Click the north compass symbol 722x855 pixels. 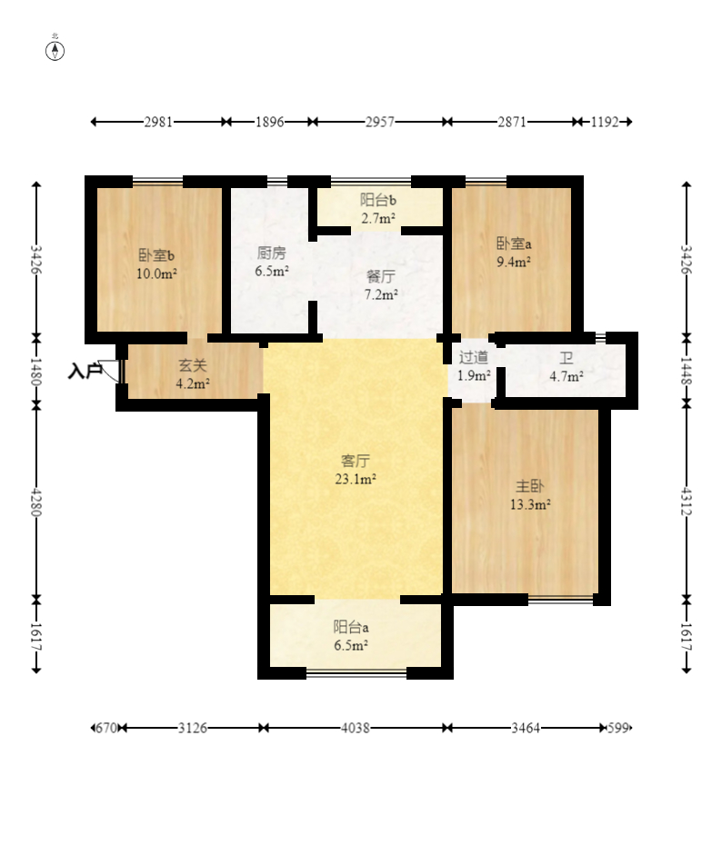coord(55,50)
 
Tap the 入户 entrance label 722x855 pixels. coord(85,372)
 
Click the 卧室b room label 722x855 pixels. coord(156,255)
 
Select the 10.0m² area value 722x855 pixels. coord(156,273)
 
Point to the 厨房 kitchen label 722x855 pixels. coord(271,253)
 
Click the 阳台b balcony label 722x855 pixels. coord(377,200)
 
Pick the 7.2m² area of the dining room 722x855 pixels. coord(381,295)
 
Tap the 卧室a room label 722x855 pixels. coord(514,244)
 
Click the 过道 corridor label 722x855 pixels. coord(473,357)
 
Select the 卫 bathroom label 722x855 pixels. coord(566,358)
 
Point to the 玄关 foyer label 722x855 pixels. coord(193,365)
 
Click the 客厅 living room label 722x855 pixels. coord(356,461)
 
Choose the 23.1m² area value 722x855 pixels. coord(356,480)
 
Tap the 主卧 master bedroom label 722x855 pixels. coord(530,486)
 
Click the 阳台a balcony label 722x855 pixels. coord(351,627)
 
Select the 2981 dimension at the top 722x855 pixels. coord(158,122)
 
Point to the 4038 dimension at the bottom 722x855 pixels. coord(356,728)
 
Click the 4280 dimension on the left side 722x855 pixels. coord(36,502)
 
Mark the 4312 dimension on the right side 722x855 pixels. coord(687,502)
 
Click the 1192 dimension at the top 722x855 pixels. coord(605,122)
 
